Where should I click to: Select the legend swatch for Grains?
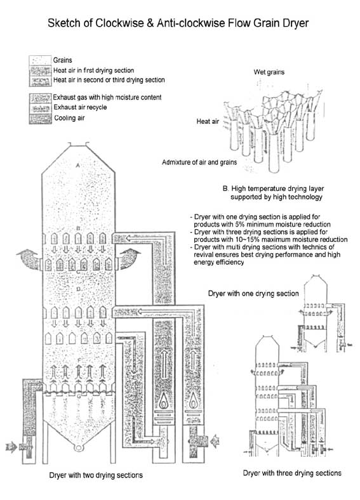point(40,60)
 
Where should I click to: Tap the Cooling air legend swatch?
point(40,119)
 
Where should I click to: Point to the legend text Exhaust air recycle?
point(80,107)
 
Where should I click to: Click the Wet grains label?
point(269,72)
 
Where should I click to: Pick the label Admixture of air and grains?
point(199,162)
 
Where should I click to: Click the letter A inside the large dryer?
point(77,165)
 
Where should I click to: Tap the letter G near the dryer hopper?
point(79,397)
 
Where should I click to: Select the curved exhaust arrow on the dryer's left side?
point(29,259)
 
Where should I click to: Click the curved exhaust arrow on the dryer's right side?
point(130,259)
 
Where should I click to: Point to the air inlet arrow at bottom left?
point(11,447)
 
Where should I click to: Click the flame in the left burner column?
point(163,402)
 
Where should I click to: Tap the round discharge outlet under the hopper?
point(78,447)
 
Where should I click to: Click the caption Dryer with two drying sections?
point(96,475)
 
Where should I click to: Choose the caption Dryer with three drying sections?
point(292,473)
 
